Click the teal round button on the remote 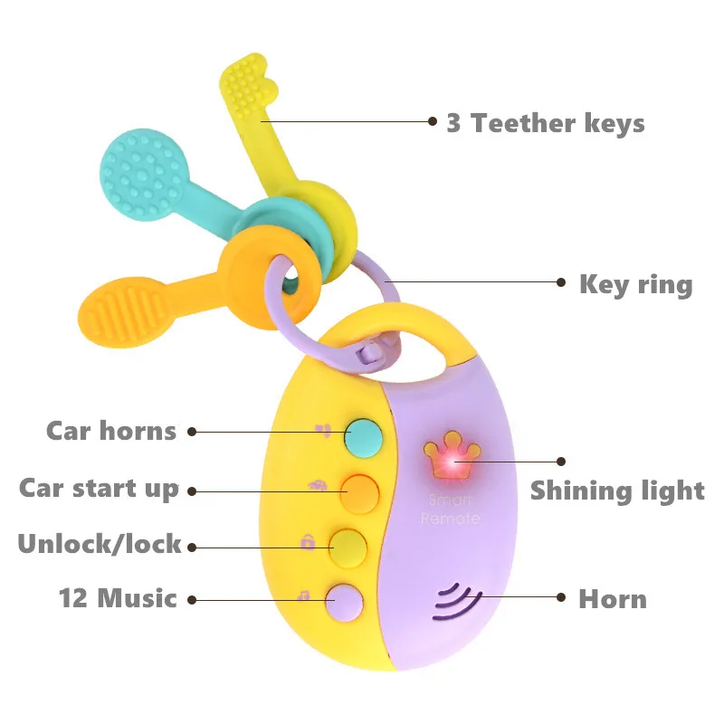[365, 435]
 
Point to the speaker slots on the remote [455, 600]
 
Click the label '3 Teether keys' [546, 123]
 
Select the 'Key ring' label [635, 284]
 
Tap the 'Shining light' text [617, 491]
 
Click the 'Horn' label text [613, 599]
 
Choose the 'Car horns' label [111, 431]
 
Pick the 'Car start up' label [100, 489]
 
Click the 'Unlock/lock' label [100, 545]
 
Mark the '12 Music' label [118, 598]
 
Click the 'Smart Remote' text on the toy [450, 509]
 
